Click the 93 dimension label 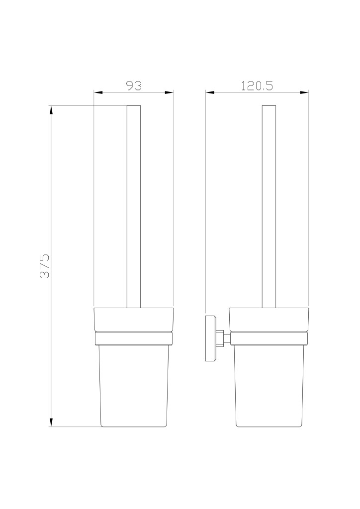[134, 85]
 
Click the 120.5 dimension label [257, 85]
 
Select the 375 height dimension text [44, 266]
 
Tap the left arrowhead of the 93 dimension [98, 92]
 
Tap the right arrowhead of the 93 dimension [170, 92]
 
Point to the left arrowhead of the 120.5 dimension [210, 92]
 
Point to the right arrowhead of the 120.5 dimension [304, 92]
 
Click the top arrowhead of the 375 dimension [51, 110]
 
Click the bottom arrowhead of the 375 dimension [51, 422]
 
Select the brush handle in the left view [134, 206]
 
